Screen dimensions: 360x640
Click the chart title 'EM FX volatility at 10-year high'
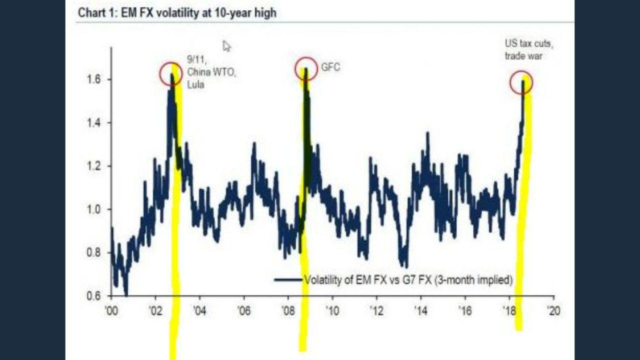coord(177,13)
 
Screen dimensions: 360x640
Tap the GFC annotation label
coord(331,67)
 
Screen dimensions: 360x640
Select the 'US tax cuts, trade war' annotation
coord(529,50)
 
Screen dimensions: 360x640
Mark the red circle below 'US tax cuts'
coord(521,82)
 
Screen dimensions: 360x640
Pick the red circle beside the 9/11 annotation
coord(171,74)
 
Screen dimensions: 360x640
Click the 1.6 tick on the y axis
coord(92,79)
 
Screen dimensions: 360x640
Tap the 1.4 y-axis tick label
coord(92,122)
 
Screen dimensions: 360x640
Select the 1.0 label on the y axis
coord(92,209)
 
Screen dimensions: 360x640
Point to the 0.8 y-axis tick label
coord(92,252)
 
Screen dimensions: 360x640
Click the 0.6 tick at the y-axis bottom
coord(92,295)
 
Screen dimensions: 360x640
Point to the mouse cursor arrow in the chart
coord(226,46)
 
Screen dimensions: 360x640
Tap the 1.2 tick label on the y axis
coord(92,166)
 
